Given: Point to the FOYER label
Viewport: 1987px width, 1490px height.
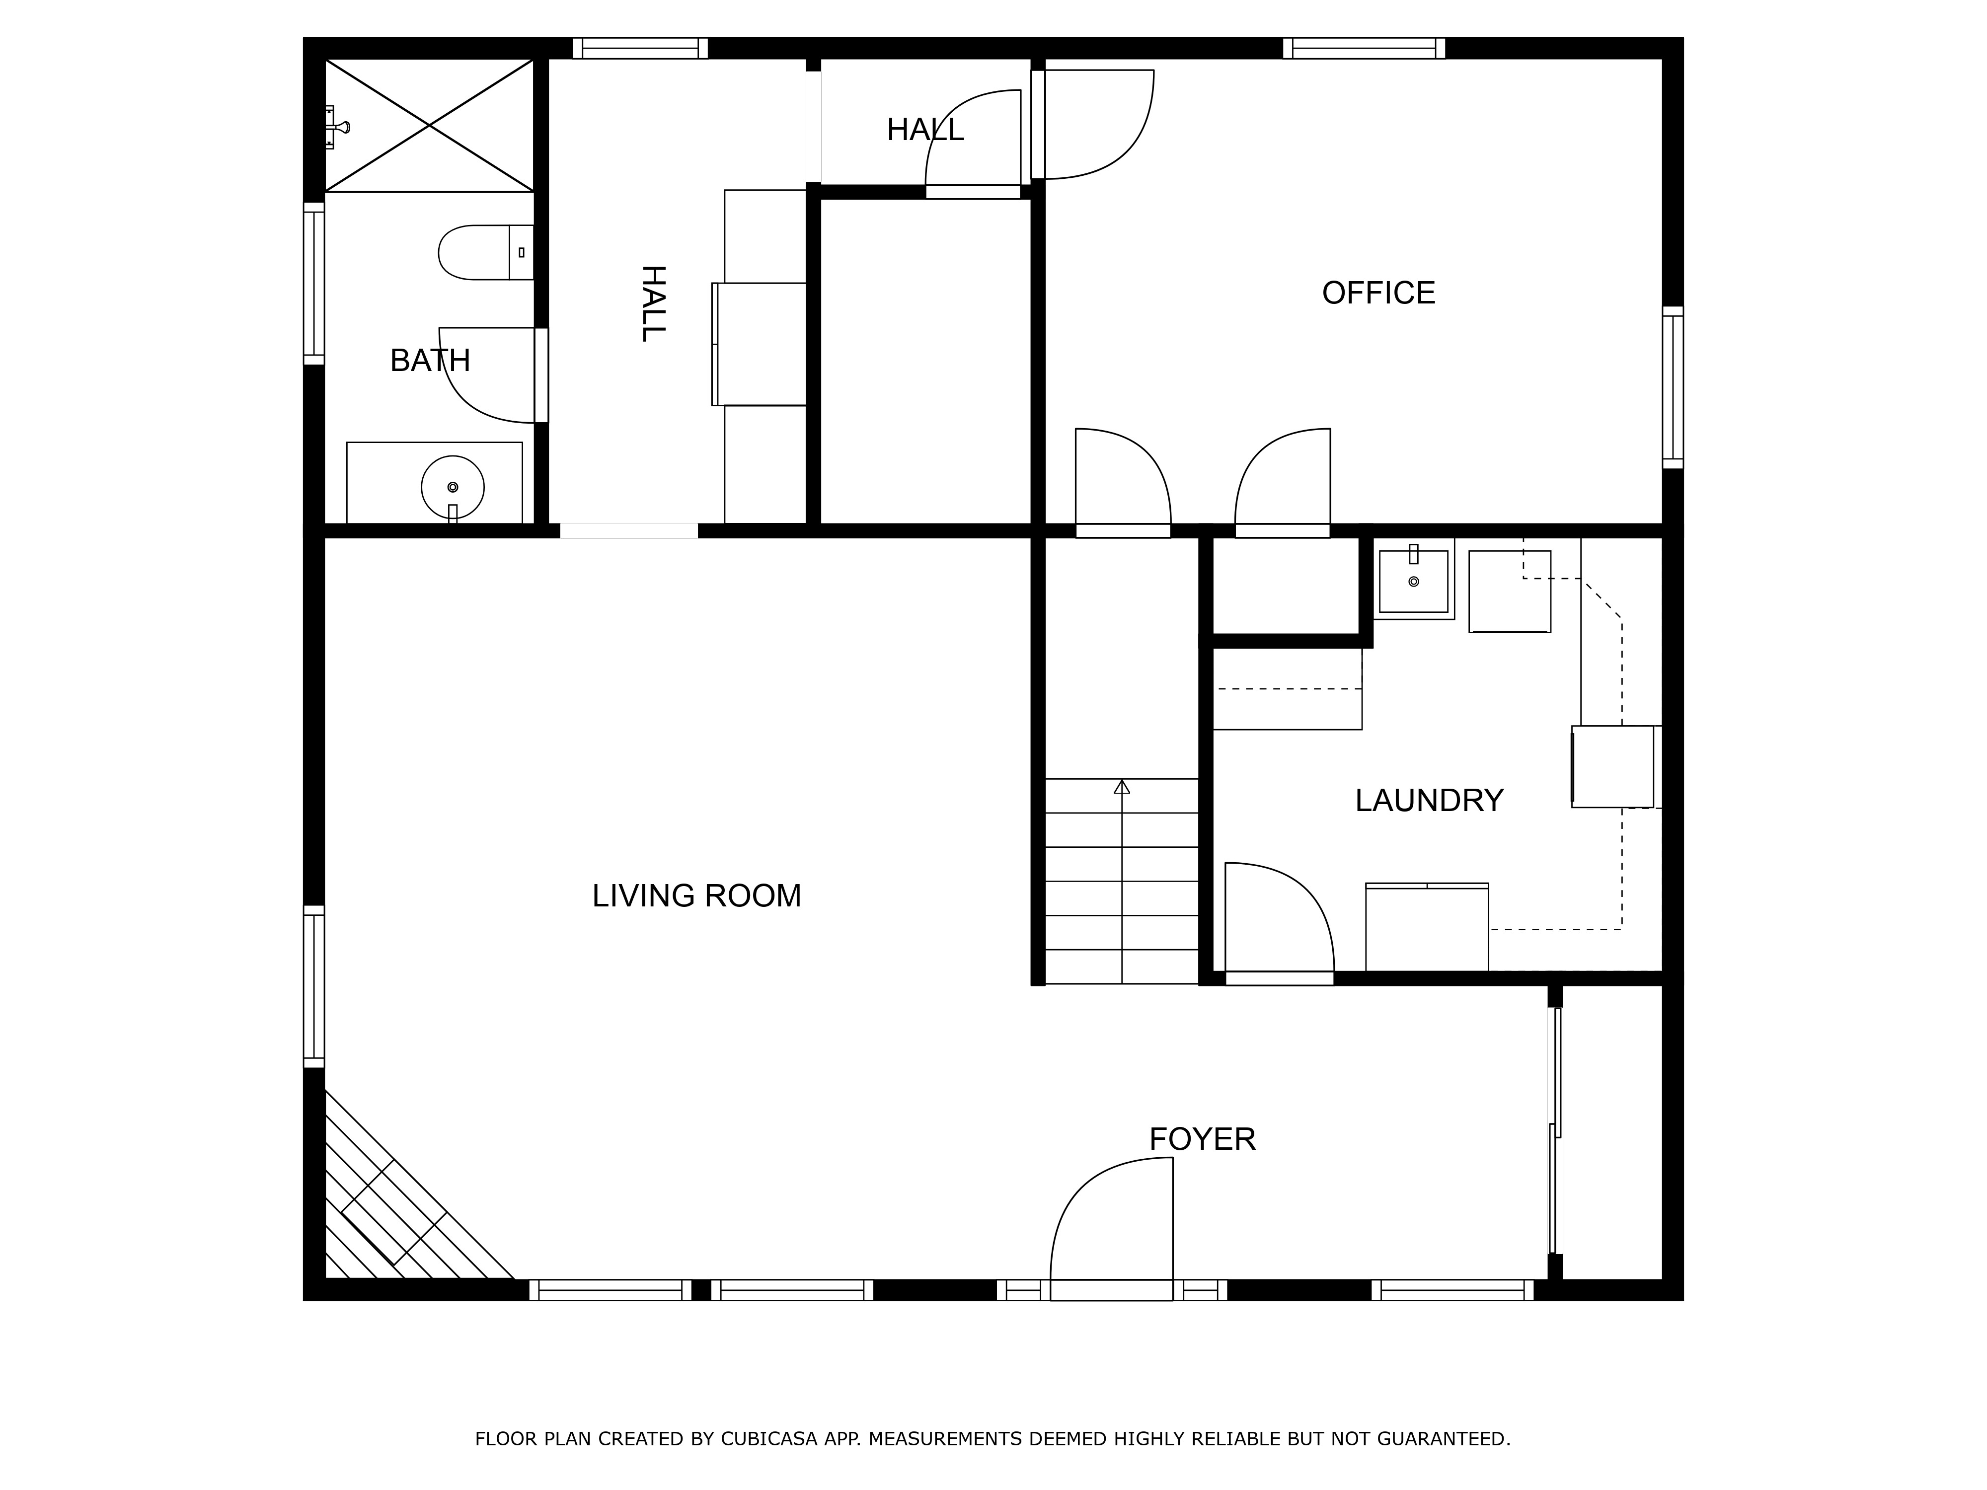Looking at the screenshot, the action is point(1202,1139).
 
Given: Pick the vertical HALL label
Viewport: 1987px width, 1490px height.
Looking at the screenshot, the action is point(653,303).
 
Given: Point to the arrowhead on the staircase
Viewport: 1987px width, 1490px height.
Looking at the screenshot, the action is point(1122,787).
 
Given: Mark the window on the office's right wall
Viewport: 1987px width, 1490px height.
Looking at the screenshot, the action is point(1673,387).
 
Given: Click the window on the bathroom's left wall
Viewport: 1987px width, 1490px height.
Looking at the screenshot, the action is point(313,284).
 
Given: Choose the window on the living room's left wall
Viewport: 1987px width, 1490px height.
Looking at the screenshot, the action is point(313,987).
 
